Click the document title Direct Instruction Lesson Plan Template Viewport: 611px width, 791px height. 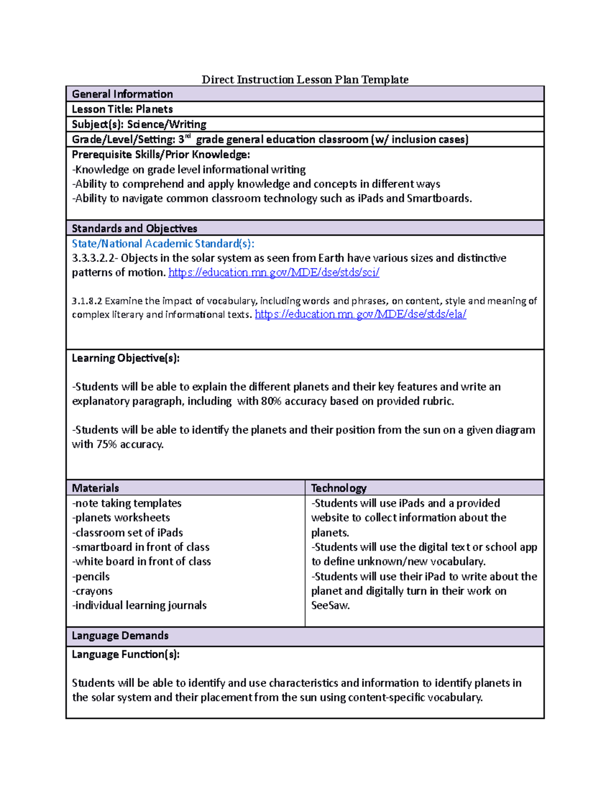[305, 79]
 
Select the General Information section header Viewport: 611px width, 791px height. [122, 94]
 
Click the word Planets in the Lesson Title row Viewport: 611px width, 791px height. [154, 109]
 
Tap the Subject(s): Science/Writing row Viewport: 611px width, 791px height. [139, 124]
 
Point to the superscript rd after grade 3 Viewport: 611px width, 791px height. [187, 137]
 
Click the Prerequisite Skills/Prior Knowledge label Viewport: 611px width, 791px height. [161, 154]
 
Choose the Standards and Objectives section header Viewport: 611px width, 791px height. [134, 228]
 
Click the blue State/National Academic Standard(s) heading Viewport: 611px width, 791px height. [163, 243]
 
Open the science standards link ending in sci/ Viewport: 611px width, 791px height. [273, 272]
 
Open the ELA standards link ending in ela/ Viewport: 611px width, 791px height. [360, 314]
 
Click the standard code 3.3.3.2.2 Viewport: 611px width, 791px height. [94, 258]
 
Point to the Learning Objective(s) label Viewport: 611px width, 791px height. [126, 358]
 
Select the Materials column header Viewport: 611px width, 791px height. [95, 488]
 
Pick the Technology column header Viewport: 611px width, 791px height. [339, 488]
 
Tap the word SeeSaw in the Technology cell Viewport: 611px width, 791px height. [330, 606]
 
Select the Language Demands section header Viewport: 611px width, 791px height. [120, 636]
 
